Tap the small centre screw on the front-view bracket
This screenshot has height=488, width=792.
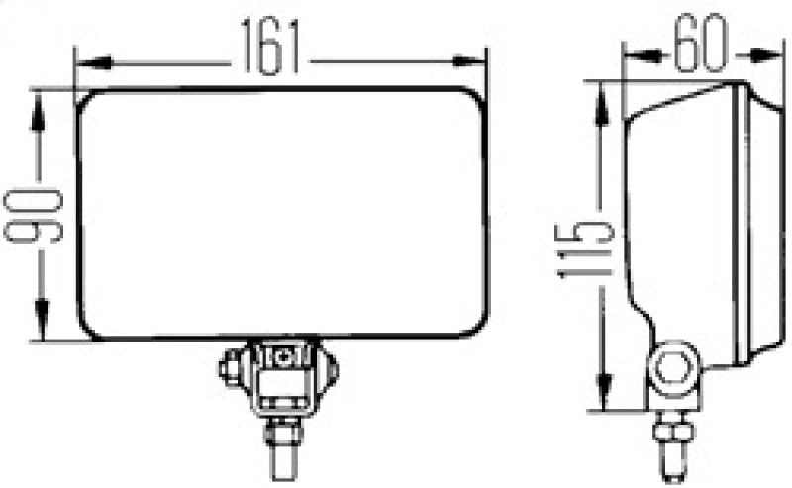[x=285, y=355]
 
